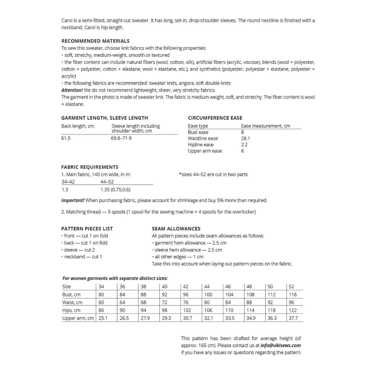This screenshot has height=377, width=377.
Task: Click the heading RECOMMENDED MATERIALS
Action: pos(95,41)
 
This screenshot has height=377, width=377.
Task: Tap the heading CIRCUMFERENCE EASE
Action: pos(215,118)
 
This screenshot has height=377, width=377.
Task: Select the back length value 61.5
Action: pos(66,138)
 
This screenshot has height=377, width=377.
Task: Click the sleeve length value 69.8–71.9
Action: pos(121,138)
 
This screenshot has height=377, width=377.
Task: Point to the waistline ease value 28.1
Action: pos(245,139)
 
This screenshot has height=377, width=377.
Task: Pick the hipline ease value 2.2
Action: pos(244,145)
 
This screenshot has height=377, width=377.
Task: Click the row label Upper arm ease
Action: pos(205,151)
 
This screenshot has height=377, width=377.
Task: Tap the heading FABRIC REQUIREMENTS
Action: pos(90,167)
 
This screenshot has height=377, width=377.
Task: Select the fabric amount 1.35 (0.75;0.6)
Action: pos(115,190)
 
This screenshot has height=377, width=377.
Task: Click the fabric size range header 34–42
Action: pos(68,182)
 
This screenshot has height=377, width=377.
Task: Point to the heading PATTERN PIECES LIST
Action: pos(87,229)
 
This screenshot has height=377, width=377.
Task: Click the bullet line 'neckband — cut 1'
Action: pos(83,257)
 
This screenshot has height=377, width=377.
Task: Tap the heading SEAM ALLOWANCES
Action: pos(176,229)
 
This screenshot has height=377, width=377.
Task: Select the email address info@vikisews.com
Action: pos(281,346)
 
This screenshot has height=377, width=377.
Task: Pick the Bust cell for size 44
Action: pos(208,295)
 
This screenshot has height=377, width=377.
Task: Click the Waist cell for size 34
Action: pos(101,303)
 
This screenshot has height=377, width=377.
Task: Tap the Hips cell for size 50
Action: pos(271,310)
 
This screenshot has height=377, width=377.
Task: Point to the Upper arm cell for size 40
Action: pos(166,318)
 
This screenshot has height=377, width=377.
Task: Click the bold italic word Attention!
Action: pos(72,90)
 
